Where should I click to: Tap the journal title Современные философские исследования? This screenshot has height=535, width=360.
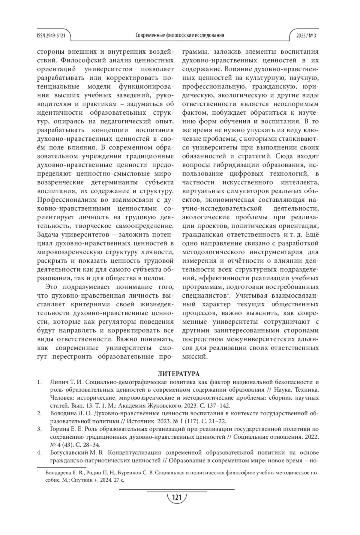pos(180,35)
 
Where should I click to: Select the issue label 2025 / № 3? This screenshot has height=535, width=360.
pos(306,35)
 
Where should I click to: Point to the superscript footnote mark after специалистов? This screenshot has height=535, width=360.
pos(228,293)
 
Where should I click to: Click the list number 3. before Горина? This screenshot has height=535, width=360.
pos(39,429)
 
